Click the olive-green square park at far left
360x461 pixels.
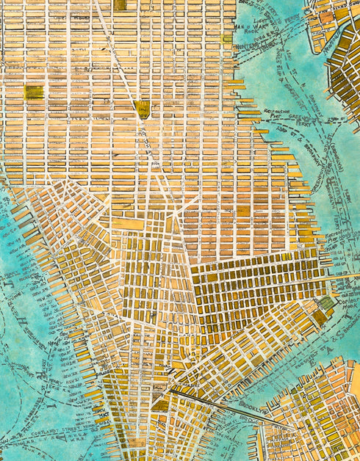pos(33,92)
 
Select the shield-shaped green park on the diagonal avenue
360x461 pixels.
pos(142,109)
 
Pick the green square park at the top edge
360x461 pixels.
pos(120,4)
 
